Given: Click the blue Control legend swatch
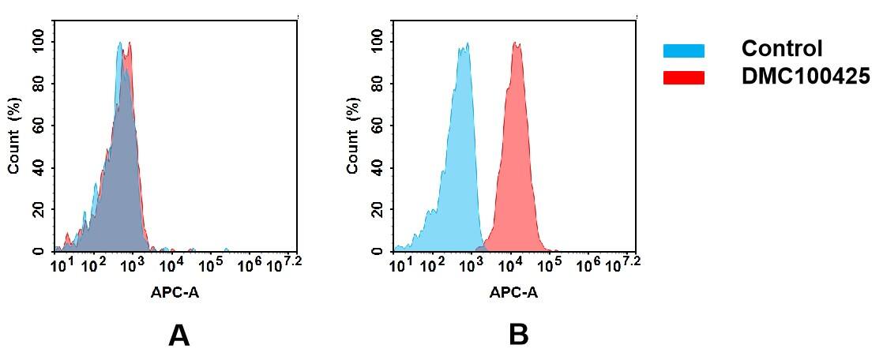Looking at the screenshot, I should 683,51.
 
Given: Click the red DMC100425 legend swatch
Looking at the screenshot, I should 683,77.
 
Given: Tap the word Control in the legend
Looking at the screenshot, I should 782,49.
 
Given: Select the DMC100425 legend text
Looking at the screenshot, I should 806,77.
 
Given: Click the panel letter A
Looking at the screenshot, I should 179,336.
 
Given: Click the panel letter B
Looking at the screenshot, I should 518,336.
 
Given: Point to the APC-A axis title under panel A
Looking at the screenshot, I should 175,292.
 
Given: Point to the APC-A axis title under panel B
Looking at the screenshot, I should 513,292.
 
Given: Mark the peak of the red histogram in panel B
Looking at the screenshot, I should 517,45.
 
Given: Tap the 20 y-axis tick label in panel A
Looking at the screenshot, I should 39,209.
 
